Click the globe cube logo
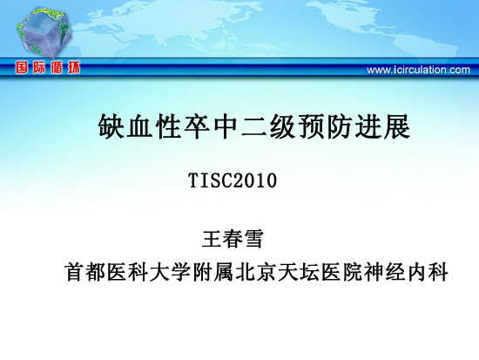coord(44,32)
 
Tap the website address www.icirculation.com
coord(418,70)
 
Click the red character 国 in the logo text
coord(22,67)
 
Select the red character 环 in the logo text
coord(74,67)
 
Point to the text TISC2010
coord(233,180)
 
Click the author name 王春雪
coord(233,239)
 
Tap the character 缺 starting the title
coord(111,126)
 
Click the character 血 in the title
coord(139,126)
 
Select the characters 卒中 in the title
coord(211,126)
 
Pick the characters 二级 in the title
coord(268,126)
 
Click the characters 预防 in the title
coord(326,126)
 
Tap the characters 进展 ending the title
coord(382,126)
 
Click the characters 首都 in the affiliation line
coord(85,272)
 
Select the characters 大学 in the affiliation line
coord(171,272)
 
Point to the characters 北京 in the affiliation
coord(256,272)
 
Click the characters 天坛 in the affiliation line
coord(299,272)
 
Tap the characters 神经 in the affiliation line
coord(385,272)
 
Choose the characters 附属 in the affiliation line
coord(213,272)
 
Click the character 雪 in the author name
coord(253,239)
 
